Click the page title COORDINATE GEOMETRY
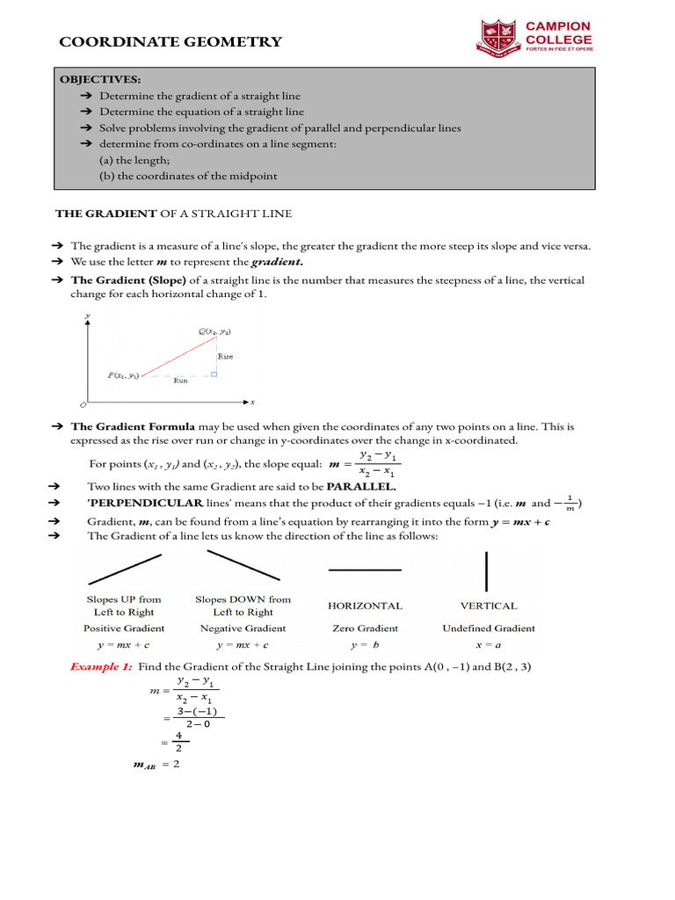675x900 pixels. point(171,42)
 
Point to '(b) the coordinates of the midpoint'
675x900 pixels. point(188,176)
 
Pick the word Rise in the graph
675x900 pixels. point(225,357)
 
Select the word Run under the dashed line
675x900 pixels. point(180,381)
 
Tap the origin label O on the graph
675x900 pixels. point(83,405)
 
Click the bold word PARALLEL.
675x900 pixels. point(361,486)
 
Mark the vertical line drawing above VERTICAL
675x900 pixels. point(487,570)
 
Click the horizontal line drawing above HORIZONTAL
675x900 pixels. point(364,570)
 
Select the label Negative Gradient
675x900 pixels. point(243,628)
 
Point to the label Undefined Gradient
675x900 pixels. point(489,628)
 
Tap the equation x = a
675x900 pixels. point(488,644)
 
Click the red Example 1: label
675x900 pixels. point(101,667)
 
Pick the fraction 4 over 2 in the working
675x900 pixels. point(178,742)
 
